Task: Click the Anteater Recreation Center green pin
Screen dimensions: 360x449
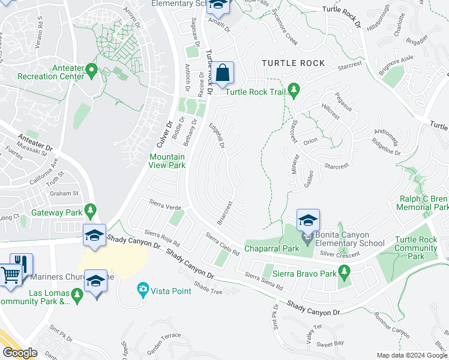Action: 92,70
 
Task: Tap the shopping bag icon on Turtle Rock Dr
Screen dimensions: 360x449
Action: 222,74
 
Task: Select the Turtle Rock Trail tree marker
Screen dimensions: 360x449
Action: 294,90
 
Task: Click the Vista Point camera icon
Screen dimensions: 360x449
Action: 143,290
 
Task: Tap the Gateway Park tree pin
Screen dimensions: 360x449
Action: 91,210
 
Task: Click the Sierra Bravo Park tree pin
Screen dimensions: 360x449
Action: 344,273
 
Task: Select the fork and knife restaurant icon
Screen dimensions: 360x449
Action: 22,264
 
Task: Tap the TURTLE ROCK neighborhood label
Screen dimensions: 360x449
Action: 293,63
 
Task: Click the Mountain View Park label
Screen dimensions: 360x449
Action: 167,161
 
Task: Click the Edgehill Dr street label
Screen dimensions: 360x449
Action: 216,137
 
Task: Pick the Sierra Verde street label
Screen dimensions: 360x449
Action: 165,207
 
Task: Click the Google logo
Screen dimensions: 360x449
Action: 20,353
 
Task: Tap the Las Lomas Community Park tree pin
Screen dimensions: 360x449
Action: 76,295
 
